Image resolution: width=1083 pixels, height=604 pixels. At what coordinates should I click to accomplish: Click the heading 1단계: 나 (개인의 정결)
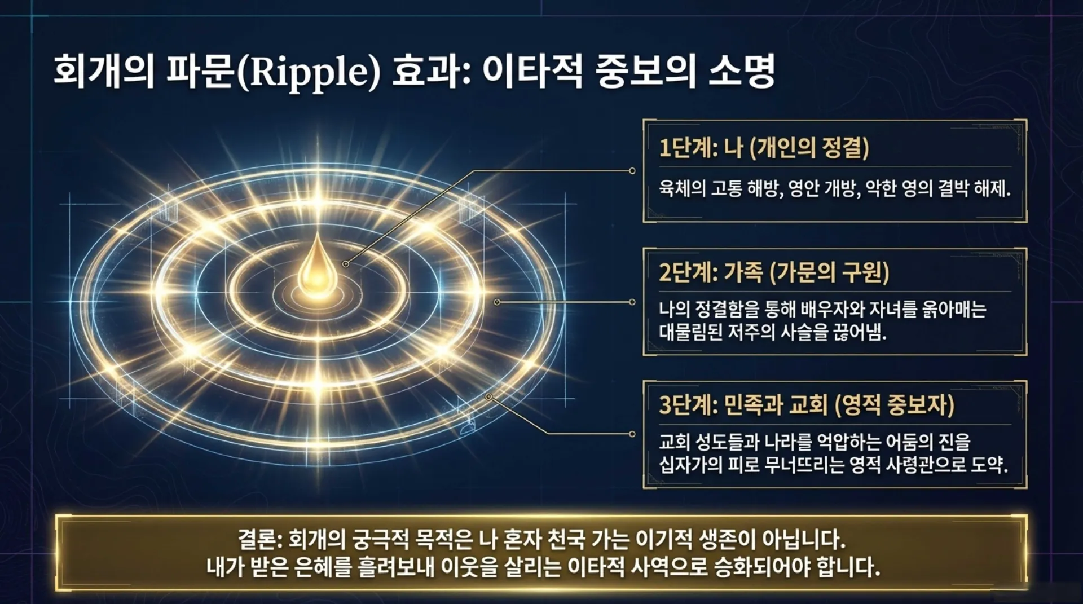click(764, 148)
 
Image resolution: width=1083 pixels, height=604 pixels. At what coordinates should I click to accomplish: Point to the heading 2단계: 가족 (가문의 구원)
click(774, 272)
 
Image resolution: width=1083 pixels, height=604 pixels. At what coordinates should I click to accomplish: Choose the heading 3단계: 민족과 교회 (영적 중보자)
click(807, 405)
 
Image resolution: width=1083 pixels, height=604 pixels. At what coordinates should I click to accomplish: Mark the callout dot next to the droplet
click(345, 264)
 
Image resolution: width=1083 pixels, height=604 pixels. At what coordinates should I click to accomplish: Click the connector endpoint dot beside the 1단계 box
click(632, 170)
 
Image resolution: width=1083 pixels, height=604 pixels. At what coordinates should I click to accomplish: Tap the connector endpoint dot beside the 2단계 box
click(632, 302)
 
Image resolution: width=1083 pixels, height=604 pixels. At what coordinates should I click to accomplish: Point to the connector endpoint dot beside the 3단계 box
click(632, 434)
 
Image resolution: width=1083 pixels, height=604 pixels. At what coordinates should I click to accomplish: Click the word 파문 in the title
click(201, 72)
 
